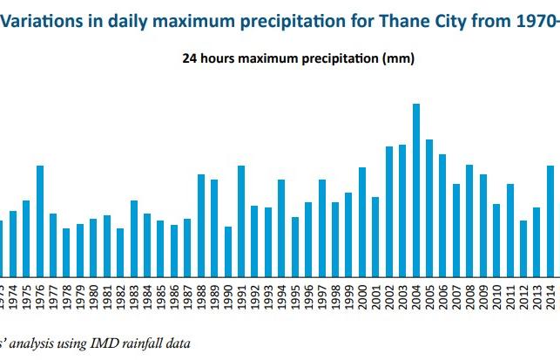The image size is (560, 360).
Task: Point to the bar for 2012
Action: click(x=523, y=248)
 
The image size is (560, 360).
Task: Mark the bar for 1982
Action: click(x=120, y=252)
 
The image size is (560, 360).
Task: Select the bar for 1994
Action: click(x=281, y=228)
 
